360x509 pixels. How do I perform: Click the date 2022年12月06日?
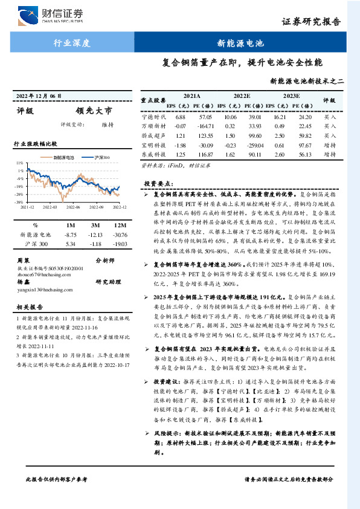click(x=39, y=96)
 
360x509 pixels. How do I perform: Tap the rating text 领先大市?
click(x=94, y=111)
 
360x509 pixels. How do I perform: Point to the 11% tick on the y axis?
click(x=20, y=163)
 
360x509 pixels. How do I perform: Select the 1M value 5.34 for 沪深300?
click(x=70, y=244)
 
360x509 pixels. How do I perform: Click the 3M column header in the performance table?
click(x=94, y=225)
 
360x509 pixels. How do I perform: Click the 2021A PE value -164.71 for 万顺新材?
click(x=204, y=126)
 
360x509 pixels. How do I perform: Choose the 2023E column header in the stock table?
click(x=291, y=96)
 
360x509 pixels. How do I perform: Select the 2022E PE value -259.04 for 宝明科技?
click(x=254, y=145)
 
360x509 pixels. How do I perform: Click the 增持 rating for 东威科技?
click(x=330, y=155)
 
